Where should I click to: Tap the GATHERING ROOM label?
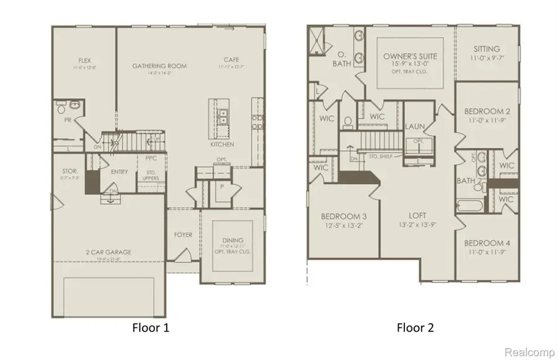(159, 66)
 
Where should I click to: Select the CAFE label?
(231, 60)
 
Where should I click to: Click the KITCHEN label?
(222, 144)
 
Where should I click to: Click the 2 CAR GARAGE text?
(109, 252)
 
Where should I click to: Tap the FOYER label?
(183, 235)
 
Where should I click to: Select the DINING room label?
(232, 240)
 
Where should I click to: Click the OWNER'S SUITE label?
(410, 56)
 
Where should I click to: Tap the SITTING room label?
(487, 49)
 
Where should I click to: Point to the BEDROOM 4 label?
(486, 243)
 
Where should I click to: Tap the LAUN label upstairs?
(415, 126)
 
